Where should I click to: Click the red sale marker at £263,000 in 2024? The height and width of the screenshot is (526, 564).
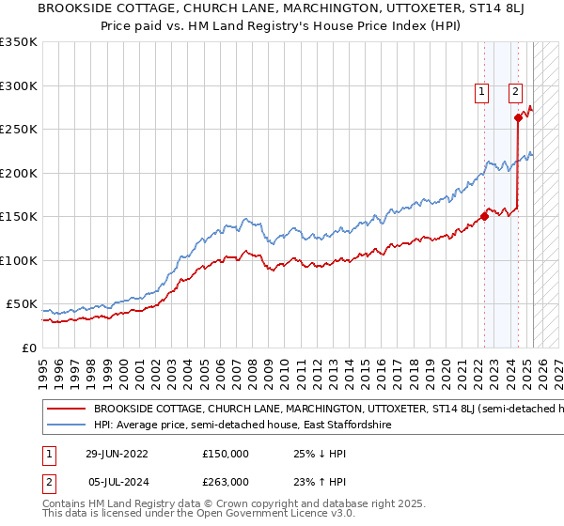pyautogui.click(x=518, y=118)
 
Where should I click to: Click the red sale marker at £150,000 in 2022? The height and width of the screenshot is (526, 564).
pyautogui.click(x=485, y=216)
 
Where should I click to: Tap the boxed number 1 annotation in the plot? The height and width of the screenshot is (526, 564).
pyautogui.click(x=481, y=91)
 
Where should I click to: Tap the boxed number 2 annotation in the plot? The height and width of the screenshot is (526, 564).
pyautogui.click(x=516, y=91)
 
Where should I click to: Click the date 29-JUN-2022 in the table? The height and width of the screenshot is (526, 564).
pyautogui.click(x=118, y=454)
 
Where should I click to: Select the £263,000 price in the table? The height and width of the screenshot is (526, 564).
pyautogui.click(x=225, y=481)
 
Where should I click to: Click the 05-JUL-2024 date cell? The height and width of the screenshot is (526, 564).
pyautogui.click(x=118, y=481)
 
